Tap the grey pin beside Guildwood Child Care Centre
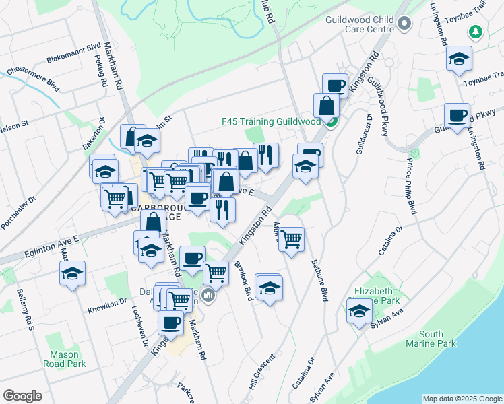pos(404,24)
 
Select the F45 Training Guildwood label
pos(271,122)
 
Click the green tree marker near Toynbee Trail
pos(476,32)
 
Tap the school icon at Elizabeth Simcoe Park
pos(359,311)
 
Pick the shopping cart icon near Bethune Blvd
pos(291,238)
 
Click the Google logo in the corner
pos(23,396)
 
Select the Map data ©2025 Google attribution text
pos(462,399)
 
